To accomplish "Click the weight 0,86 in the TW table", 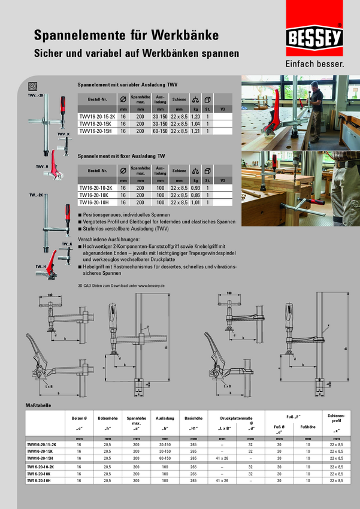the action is (x=195, y=195).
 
